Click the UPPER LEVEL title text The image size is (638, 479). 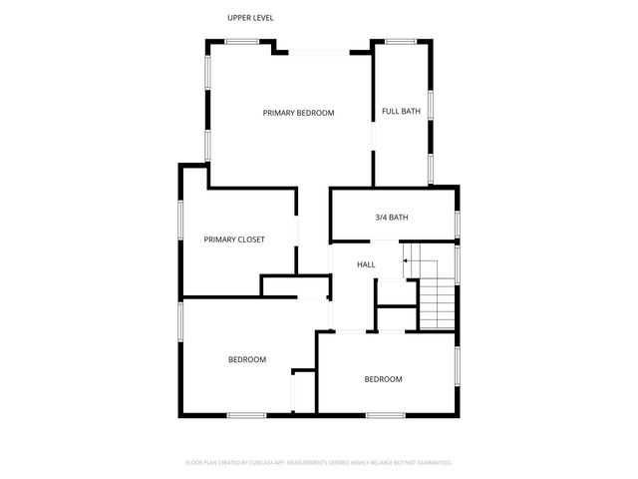pyautogui.click(x=250, y=17)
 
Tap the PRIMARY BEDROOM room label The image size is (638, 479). pyautogui.click(x=298, y=113)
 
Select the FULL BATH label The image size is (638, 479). pyautogui.click(x=401, y=111)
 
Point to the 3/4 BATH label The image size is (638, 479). pyautogui.click(x=392, y=218)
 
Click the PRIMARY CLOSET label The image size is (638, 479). pyautogui.click(x=234, y=239)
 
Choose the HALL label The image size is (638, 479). pyautogui.click(x=366, y=264)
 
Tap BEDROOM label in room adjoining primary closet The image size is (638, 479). pyautogui.click(x=247, y=359)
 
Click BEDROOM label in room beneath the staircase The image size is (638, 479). pyautogui.click(x=383, y=379)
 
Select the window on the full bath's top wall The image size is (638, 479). pyautogui.click(x=401, y=41)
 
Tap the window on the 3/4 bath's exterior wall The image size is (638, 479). pyautogui.click(x=458, y=222)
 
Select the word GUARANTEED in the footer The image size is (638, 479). pyautogui.click(x=432, y=463)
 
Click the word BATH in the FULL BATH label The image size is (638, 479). pyautogui.click(x=410, y=111)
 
